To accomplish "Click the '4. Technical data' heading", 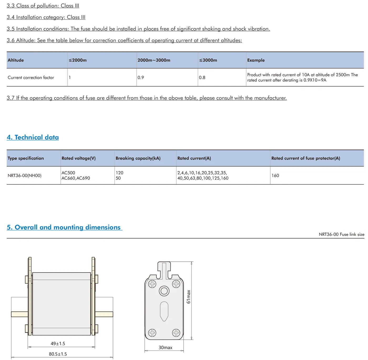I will pos(33,137).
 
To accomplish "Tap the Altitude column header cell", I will pos(16,60).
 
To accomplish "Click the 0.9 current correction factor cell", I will pos(141,78).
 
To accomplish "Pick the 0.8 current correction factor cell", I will pos(202,78).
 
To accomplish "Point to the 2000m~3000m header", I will pos(154,60).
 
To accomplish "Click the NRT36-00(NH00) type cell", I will pos(25,176).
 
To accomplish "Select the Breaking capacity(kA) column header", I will pos(138,158).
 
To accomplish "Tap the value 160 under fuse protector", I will pos(275,176).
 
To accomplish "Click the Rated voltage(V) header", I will pos(79,158).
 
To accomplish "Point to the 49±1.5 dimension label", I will pos(58,344).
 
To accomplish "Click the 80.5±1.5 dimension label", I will pos(58,354).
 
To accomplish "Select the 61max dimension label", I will pos(188,297).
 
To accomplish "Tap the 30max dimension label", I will pos(165,348).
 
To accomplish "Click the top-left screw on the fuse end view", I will pos(152,284).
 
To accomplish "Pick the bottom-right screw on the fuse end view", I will pos(176,333).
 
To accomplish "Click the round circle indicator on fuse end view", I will pos(164,291).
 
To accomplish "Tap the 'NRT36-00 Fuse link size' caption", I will pos(341,234).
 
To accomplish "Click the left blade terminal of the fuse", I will pos(19,314).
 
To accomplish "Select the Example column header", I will pos(256,60).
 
